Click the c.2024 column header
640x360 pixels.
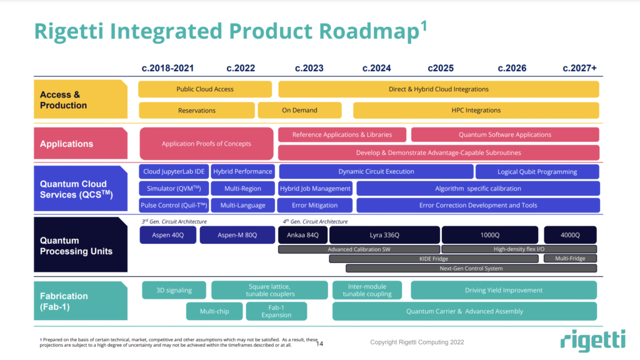tap(376, 68)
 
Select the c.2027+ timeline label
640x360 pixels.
tap(579, 68)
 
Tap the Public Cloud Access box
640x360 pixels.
tap(205, 89)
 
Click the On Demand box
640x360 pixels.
tap(299, 111)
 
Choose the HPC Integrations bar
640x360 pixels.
tap(476, 111)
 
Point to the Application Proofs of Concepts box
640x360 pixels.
tap(206, 144)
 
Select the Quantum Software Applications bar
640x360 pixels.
tap(505, 135)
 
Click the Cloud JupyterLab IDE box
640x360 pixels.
tap(173, 172)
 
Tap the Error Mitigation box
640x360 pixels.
tap(315, 206)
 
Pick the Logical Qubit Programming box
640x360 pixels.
tap(537, 172)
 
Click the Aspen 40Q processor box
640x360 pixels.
tap(167, 235)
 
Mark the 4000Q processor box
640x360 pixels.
tap(569, 235)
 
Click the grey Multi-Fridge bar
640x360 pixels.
tap(569, 259)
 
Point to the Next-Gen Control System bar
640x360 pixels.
tap(471, 269)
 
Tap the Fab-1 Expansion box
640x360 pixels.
tap(276, 311)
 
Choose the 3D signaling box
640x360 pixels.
tap(174, 290)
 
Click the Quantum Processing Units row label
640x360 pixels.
tap(77, 246)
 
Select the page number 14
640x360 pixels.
tap(319, 344)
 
